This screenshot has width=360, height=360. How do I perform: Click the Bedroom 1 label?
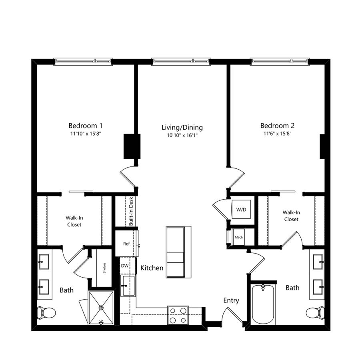point(86,126)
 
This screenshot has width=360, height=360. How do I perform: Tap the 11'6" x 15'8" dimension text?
point(277,133)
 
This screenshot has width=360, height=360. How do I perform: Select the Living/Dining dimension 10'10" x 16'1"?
point(182,136)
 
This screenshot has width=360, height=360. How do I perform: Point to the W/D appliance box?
point(241,209)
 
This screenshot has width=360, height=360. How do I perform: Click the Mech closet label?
point(239,237)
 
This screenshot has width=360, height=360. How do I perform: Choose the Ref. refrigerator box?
point(126,243)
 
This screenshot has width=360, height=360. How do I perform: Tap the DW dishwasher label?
point(125,266)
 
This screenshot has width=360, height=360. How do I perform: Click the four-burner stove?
point(178,315)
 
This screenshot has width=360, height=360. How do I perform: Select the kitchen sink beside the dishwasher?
point(128,286)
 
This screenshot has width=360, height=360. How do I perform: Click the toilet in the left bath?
point(47,313)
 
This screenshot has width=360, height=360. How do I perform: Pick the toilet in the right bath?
point(315,313)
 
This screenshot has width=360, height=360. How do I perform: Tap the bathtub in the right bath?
point(263,304)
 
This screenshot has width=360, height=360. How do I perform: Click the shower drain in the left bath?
point(101,308)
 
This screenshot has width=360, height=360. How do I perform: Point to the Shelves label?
point(104,268)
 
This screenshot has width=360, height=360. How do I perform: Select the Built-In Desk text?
point(131,211)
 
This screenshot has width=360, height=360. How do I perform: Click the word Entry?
point(231,300)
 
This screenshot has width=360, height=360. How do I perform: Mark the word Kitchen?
point(152,268)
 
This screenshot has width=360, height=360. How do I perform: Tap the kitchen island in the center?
point(179,252)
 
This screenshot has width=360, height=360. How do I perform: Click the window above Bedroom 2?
point(280,61)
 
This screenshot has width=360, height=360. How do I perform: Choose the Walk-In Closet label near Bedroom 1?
point(74,221)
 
